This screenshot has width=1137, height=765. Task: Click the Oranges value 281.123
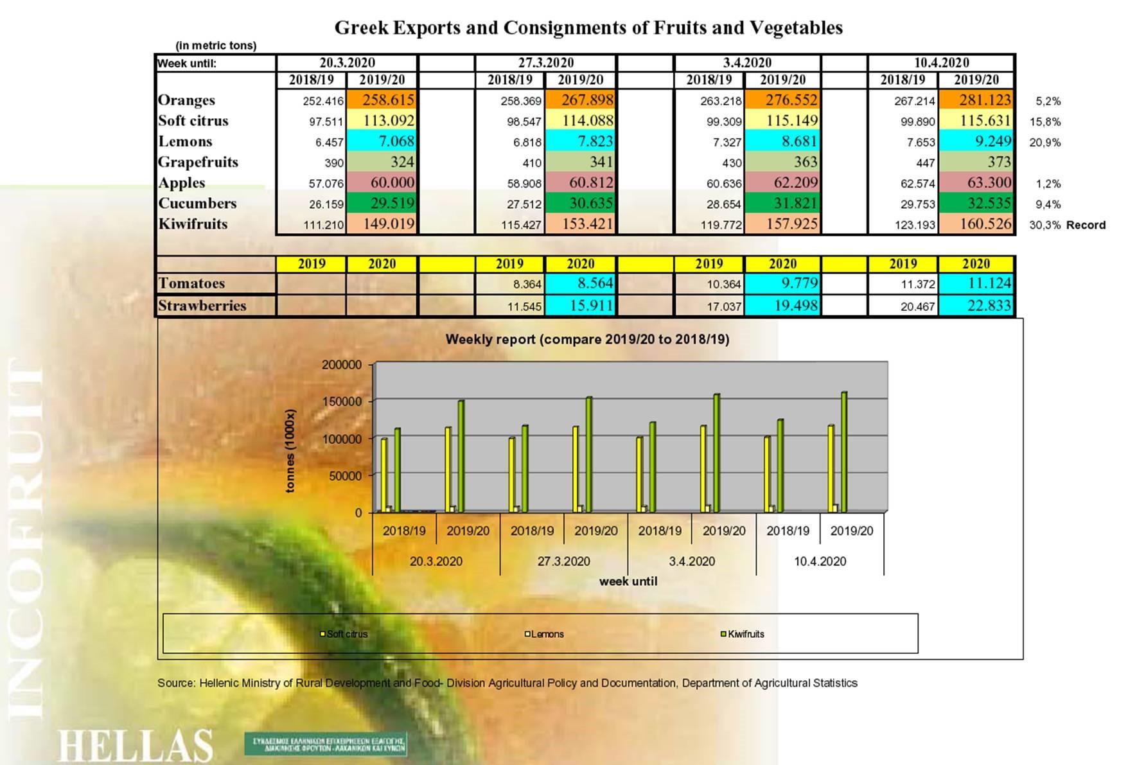point(985,100)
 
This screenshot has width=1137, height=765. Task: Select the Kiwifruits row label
point(193,224)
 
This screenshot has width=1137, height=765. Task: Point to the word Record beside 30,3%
point(1086,225)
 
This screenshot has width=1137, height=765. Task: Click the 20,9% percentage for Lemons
point(1044,143)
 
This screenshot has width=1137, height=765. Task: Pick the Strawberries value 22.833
point(989,306)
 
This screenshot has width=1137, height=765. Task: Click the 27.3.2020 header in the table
point(545,63)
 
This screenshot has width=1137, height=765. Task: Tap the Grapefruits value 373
point(999,162)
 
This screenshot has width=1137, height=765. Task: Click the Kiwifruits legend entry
point(745,634)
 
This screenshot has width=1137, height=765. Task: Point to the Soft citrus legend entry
point(346,634)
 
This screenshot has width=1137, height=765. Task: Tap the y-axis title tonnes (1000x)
point(290,451)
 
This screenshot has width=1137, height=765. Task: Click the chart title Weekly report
point(587,339)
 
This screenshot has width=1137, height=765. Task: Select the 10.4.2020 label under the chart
point(820,561)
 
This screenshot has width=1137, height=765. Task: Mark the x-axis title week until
point(628,581)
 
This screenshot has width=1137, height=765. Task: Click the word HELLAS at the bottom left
point(135,745)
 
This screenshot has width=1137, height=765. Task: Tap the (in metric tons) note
point(216,46)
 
